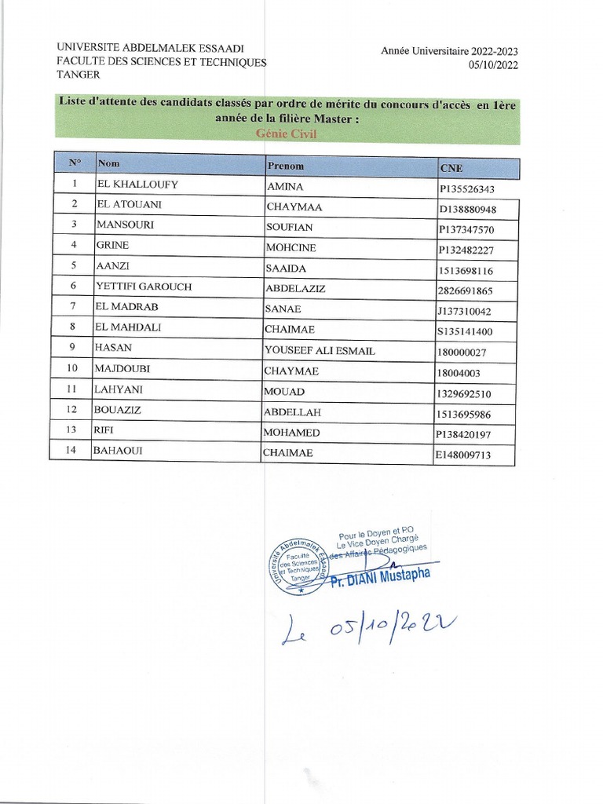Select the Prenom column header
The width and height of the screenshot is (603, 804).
click(x=286, y=166)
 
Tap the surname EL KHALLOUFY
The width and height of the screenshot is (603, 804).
click(x=137, y=185)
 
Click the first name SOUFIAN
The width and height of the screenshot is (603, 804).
click(x=290, y=228)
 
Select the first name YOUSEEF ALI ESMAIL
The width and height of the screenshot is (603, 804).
click(x=320, y=350)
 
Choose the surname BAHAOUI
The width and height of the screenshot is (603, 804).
click(x=117, y=451)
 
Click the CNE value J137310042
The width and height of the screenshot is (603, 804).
click(x=464, y=312)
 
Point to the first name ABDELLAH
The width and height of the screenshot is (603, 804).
click(x=293, y=412)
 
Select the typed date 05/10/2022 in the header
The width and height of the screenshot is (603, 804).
click(x=493, y=65)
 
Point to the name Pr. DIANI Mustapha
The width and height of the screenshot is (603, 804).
click(x=380, y=579)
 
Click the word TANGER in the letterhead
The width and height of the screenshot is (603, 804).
click(x=79, y=75)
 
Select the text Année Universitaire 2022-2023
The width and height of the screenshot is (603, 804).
click(x=449, y=51)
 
